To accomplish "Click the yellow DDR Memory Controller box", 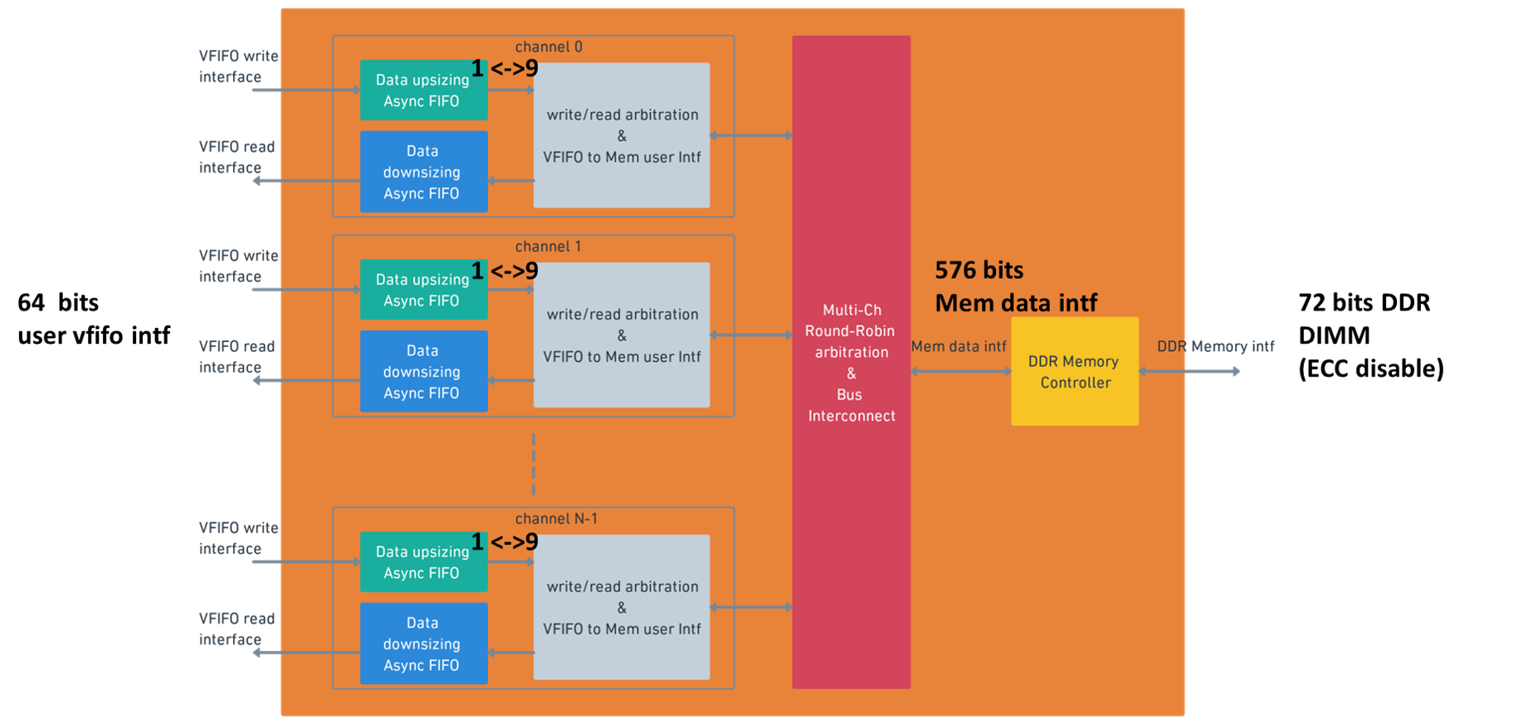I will pos(1074,371).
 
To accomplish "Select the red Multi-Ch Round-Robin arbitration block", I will pos(851,362).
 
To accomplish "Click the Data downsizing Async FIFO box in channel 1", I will pos(423,371).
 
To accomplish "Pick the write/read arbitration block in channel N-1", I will pos(621,607).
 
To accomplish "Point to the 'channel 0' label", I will pos(549,47).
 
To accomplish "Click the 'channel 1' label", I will pos(548,247).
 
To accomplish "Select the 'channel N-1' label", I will pos(556,519).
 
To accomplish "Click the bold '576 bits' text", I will pos(979,271).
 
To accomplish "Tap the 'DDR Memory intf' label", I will pos(1215,346).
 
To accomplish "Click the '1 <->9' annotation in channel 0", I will pos(505,68).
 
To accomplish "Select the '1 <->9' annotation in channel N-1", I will pos(505,542).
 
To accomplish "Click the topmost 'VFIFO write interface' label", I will pos(237,66).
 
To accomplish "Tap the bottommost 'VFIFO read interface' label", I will pos(236,629).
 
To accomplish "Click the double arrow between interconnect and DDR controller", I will pos(960,371).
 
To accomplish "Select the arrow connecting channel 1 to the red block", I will pos(751,335).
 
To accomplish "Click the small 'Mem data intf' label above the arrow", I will pos(959,347).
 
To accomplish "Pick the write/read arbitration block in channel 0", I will pos(621,135).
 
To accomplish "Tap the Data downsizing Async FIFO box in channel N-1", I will pos(423,643).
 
